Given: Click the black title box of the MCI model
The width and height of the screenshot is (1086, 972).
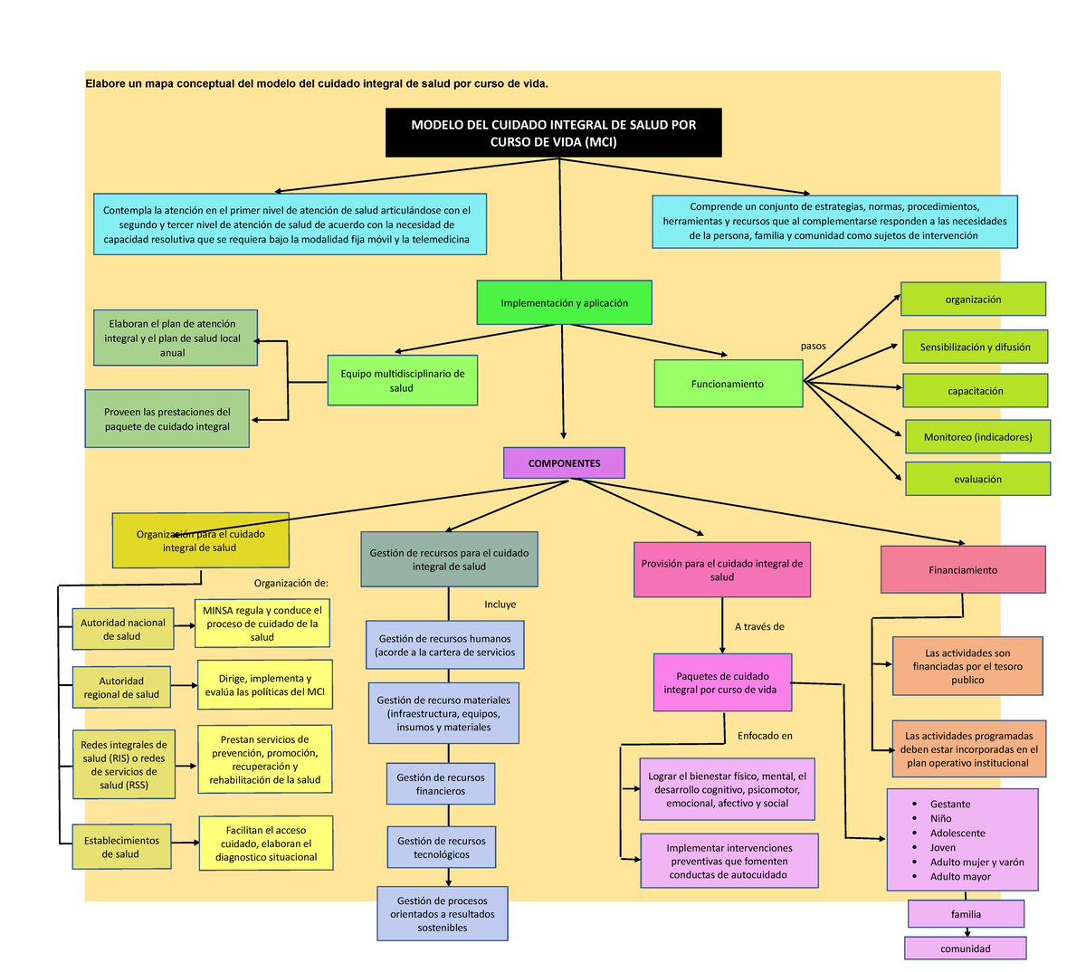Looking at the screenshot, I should click(553, 133).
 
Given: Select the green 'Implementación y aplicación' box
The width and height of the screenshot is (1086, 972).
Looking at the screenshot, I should click(564, 303).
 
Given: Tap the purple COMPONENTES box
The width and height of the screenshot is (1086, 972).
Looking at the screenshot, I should click(564, 463).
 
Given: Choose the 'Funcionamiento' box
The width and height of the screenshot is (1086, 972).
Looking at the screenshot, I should click(728, 384).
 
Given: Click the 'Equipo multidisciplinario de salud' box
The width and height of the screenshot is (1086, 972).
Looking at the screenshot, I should click(402, 380).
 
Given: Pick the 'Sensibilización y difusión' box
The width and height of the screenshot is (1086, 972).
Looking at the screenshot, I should click(975, 347).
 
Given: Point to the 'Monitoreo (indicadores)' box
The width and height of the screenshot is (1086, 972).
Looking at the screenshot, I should click(977, 437).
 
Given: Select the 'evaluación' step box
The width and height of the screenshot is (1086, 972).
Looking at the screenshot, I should click(977, 479).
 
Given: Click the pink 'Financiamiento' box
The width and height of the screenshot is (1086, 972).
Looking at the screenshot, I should click(962, 570).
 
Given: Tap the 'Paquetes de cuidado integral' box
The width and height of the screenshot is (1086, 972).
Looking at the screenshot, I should click(721, 683).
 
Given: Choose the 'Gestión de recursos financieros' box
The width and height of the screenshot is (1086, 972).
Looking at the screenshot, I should click(441, 784).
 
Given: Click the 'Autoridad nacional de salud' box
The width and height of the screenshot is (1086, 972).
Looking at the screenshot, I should click(122, 629).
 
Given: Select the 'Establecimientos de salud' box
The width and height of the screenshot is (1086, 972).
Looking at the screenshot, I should click(121, 847).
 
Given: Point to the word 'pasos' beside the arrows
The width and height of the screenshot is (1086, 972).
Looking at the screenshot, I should click(813, 346).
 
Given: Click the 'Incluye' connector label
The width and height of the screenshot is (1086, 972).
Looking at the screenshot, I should click(500, 605).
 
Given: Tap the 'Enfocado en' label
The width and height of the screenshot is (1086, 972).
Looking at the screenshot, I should click(765, 736).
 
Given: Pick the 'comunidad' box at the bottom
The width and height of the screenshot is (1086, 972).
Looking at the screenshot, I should click(965, 948).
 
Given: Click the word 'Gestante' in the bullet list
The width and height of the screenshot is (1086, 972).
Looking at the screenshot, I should click(949, 804).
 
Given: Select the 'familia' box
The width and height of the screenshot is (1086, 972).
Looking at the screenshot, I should click(966, 914).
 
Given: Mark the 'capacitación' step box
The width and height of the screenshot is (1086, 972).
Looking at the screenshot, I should click(975, 391).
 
